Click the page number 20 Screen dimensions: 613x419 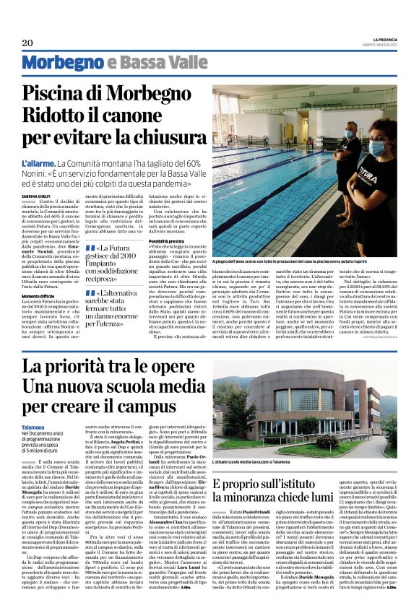tap(27, 43)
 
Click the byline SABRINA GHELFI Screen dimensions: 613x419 tap(36, 196)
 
